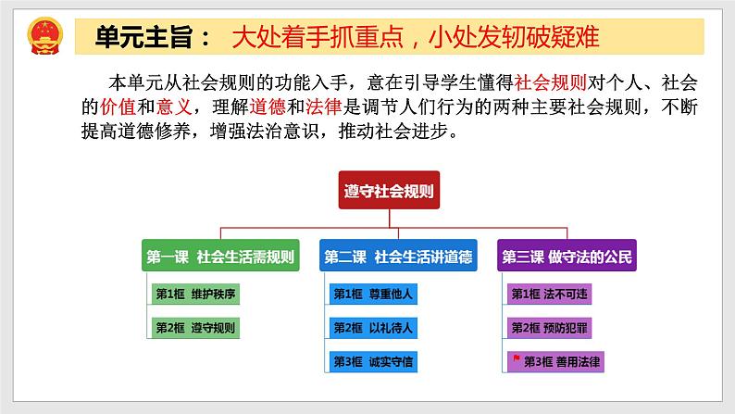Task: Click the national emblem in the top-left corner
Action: coord(42,38)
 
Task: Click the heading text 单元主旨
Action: coord(144,38)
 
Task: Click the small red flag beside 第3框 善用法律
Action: coord(517,359)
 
